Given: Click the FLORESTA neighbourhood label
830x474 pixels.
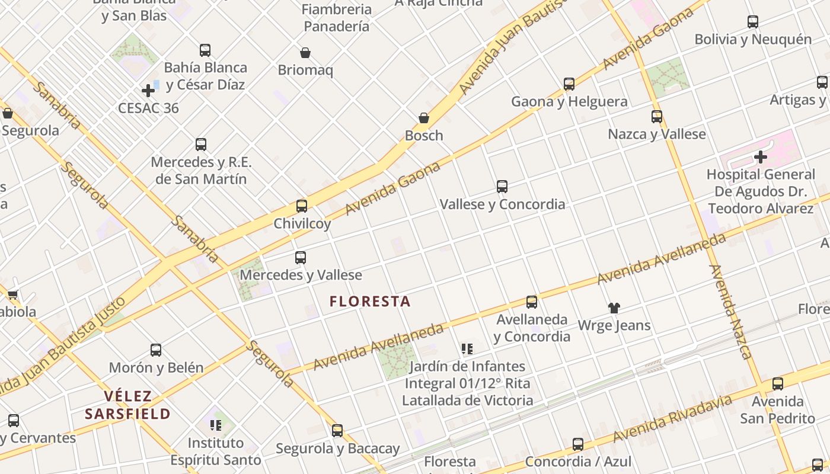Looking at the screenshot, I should (x=370, y=302).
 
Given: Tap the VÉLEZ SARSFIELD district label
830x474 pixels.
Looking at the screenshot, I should (x=127, y=405).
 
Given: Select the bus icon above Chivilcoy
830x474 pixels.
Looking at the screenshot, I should (x=302, y=206).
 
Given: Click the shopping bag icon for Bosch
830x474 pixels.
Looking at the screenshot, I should (x=424, y=118).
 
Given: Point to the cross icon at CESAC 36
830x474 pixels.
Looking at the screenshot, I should (x=148, y=91).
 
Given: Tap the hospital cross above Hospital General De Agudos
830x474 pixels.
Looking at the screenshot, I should (x=761, y=157).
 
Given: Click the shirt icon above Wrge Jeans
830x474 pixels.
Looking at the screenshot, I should (x=614, y=308).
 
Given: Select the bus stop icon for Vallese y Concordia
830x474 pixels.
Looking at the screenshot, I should (x=502, y=187).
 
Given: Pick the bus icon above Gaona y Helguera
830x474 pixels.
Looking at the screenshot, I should (x=569, y=84).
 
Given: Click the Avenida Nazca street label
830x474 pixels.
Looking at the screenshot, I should (x=730, y=312).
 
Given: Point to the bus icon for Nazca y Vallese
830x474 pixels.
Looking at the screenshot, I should (x=657, y=117).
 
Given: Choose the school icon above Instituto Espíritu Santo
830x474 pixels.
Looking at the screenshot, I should (x=215, y=425).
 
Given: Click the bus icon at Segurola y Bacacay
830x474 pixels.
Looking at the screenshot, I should (x=337, y=431).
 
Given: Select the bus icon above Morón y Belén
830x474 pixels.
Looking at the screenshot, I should (x=156, y=350).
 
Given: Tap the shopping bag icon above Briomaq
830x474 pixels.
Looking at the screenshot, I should (x=305, y=53).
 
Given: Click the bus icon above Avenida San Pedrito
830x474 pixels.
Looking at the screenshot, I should (x=777, y=384).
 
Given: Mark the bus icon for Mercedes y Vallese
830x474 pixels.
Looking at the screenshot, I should (x=301, y=258).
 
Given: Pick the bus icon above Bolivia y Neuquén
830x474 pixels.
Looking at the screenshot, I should (x=753, y=22).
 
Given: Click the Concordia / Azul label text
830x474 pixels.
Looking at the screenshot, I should (x=578, y=462).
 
